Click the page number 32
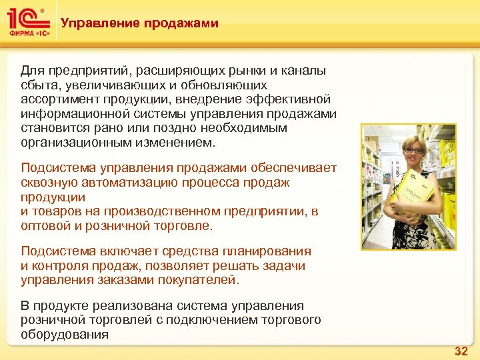tap(460, 350)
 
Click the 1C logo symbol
tap(25, 19)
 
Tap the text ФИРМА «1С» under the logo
tap(27, 34)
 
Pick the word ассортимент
tap(55, 99)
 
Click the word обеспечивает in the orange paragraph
tap(299, 167)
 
